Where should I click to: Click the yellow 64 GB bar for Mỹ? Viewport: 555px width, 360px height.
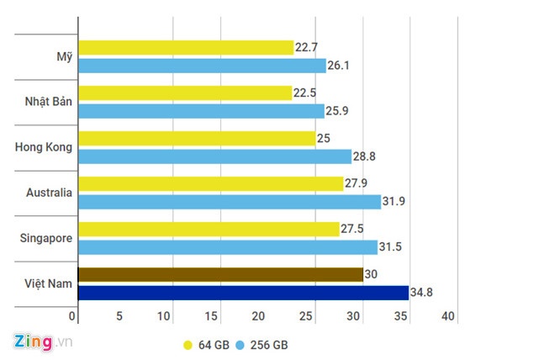click(185, 47)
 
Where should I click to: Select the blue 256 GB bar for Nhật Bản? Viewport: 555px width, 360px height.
click(200, 111)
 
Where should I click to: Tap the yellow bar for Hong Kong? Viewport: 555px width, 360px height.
click(196, 139)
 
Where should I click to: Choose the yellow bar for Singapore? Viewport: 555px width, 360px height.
click(209, 229)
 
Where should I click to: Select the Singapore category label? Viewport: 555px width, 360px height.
click(46, 238)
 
